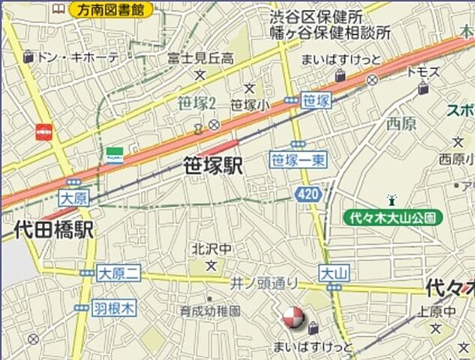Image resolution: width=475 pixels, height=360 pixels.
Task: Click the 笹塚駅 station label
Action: coord(213,166)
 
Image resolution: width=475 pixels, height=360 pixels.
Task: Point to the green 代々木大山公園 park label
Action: coord(393,218)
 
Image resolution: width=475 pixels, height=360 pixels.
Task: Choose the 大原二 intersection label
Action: coord(119,274)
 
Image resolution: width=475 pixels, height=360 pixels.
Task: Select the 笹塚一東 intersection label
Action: coord(298,159)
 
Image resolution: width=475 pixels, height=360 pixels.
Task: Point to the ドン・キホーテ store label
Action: coord(78,56)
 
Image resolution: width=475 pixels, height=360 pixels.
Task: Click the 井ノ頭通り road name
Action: coord(264,283)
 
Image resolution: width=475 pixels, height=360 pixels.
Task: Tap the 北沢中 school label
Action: coord(211,250)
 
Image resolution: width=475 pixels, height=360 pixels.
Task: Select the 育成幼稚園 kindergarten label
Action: coord(210,310)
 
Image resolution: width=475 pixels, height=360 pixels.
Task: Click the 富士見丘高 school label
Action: coord(200,58)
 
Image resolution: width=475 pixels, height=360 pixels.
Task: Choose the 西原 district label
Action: coord(401,124)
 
